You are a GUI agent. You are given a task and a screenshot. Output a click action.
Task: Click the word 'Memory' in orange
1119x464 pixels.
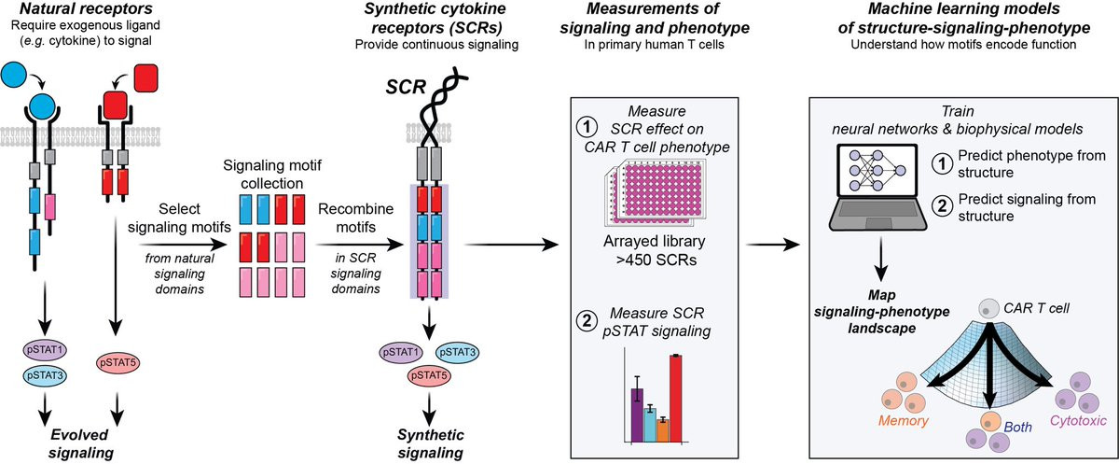coord(902,421)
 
